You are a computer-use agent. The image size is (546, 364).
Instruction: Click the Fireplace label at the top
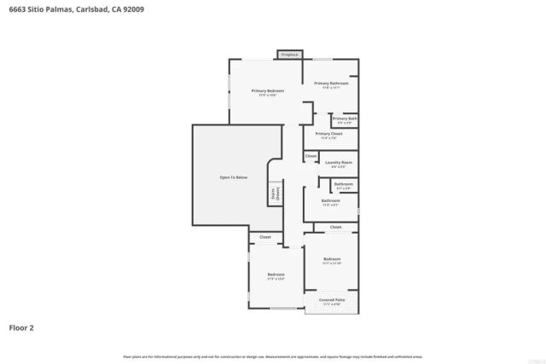[289, 55]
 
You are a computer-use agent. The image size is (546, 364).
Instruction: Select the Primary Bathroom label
[331, 84]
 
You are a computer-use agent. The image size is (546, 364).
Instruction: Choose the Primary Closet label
[328, 136]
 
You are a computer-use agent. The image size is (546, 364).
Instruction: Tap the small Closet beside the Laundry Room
[311, 156]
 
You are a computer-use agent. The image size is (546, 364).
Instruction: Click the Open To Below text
[233, 177]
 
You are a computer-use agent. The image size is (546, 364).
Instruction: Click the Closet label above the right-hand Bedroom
[335, 227]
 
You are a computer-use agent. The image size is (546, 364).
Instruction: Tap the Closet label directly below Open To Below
[265, 236]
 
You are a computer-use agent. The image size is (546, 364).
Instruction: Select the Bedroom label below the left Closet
[276, 275]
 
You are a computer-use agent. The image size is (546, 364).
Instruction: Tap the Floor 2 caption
[21, 326]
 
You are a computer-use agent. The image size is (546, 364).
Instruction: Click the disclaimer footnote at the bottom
[273, 356]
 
